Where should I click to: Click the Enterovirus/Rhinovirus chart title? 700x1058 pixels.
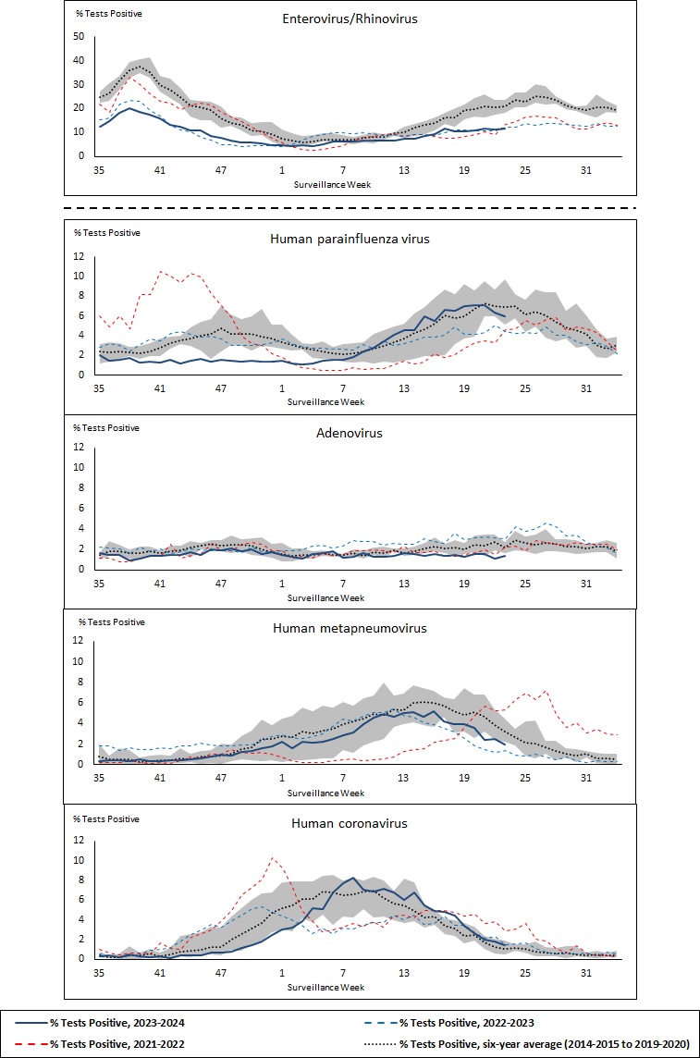pyautogui.click(x=350, y=18)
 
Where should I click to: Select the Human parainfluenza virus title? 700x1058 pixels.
pyautogui.click(x=349, y=239)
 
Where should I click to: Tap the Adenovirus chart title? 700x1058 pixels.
pyautogui.click(x=349, y=432)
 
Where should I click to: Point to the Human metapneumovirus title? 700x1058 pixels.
pyautogui.click(x=349, y=628)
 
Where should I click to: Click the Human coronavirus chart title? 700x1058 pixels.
pyautogui.click(x=349, y=823)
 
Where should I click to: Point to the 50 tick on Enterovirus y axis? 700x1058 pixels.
pyautogui.click(x=79, y=37)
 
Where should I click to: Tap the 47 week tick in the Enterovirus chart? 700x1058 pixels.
pyautogui.click(x=221, y=170)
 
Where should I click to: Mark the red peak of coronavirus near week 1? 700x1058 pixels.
pyautogui.click(x=272, y=857)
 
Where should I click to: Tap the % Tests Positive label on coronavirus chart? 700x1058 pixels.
pyautogui.click(x=106, y=818)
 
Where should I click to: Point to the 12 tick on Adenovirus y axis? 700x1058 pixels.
pyautogui.click(x=79, y=447)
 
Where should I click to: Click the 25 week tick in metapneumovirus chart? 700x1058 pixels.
pyautogui.click(x=525, y=779)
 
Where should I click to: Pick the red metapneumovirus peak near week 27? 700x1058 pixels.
pyautogui.click(x=546, y=691)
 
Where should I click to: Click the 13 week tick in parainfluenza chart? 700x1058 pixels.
pyautogui.click(x=403, y=389)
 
